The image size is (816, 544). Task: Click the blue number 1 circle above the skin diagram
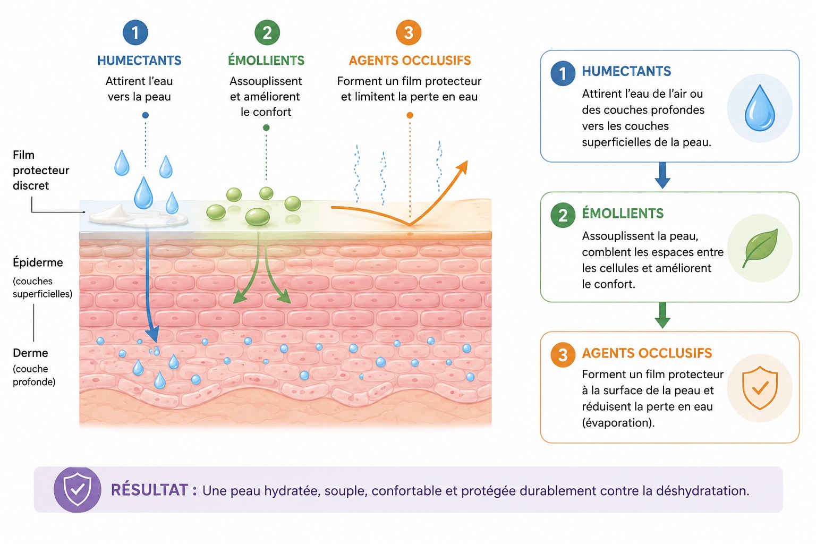[x=135, y=32]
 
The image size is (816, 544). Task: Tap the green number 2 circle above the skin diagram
[x=267, y=32]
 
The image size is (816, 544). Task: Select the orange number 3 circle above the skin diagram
[x=409, y=32]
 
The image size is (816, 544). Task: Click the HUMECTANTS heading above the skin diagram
[x=139, y=61]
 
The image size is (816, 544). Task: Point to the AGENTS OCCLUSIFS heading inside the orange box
[x=647, y=353]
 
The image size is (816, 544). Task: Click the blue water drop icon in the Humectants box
[x=760, y=108]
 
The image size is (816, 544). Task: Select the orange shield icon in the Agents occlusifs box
[x=760, y=388]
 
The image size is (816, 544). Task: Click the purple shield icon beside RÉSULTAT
[x=77, y=490]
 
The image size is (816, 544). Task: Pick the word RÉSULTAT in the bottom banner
[x=150, y=490]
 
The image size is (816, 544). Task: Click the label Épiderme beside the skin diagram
[x=38, y=262]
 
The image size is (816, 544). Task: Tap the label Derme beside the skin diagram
[x=31, y=353]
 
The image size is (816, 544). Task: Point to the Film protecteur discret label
[x=41, y=170]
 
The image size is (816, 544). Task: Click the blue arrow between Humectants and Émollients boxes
[x=662, y=175]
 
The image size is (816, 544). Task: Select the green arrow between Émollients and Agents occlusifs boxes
[x=662, y=315]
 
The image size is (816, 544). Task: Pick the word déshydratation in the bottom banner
[x=703, y=491]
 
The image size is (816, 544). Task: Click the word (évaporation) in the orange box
[x=618, y=423]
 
